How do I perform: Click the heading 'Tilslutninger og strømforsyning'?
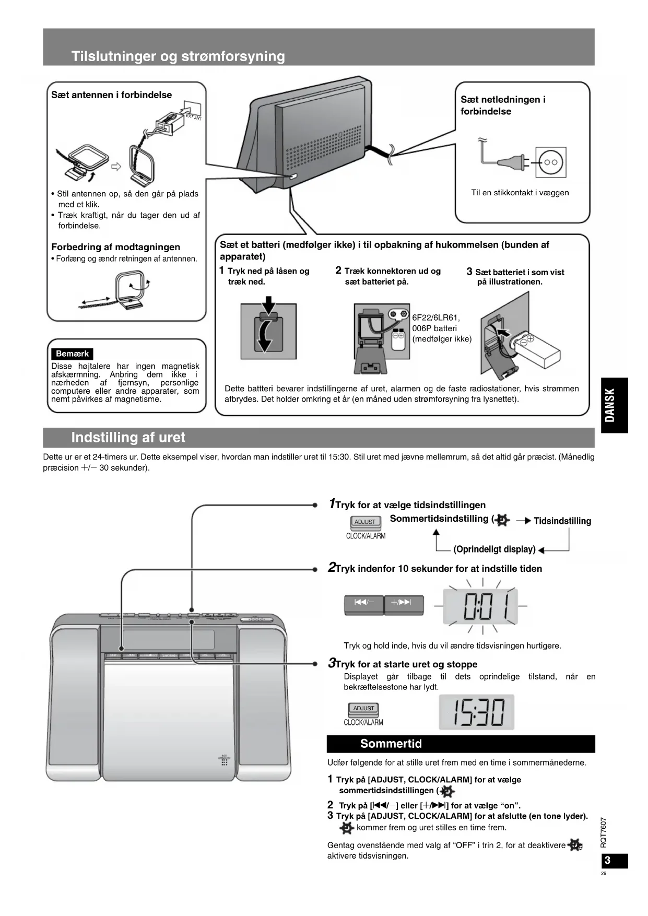pos(178,56)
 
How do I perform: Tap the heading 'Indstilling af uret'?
pos(128,438)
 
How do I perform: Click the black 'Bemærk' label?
pos(72,354)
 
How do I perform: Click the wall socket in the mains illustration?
pos(551,162)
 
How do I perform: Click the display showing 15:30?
pos(477,712)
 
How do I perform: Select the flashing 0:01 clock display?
pos(480,607)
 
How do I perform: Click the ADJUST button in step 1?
pos(365,522)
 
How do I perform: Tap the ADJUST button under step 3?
pos(363,709)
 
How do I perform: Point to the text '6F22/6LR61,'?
pos(435,318)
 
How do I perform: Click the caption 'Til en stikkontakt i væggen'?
pos(520,193)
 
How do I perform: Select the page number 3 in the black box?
pos(607,860)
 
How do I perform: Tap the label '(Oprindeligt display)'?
pos(494,549)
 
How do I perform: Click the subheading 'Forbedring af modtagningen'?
pos(115,247)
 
